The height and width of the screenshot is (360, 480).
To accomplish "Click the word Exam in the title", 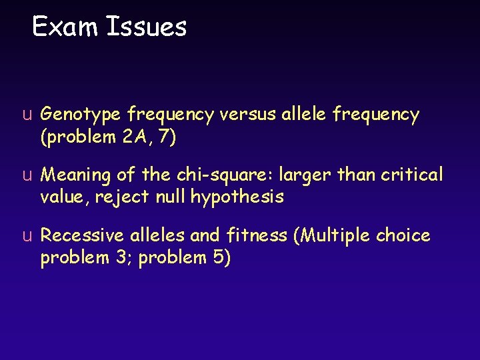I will [63, 27].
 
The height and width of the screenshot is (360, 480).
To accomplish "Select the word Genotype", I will [83, 116].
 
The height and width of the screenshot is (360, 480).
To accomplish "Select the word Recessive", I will [82, 236].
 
